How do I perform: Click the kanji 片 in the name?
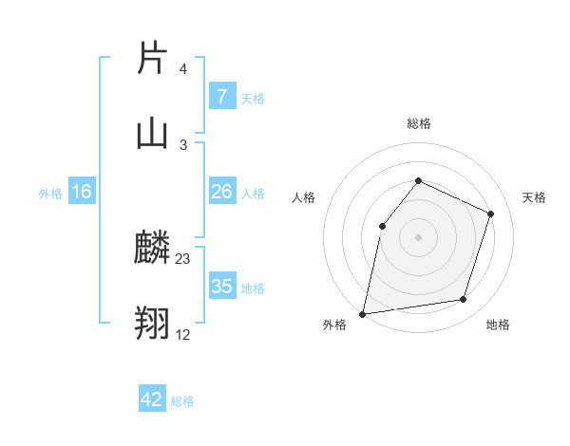153,58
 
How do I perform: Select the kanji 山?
153,132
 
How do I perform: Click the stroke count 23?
183,259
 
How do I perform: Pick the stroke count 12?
183,333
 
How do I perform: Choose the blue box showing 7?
221,97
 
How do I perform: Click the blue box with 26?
221,192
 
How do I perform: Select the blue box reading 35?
221,287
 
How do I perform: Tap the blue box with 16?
82,192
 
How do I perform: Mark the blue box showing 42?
152,400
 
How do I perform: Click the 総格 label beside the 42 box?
182,401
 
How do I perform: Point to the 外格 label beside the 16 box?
50,194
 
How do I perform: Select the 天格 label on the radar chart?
535,197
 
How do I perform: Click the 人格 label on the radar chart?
303,197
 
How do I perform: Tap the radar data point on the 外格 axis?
363,313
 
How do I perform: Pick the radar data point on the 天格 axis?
491,214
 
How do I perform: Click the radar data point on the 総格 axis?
418,180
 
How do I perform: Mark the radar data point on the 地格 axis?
464,300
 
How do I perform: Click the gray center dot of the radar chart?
418,237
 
